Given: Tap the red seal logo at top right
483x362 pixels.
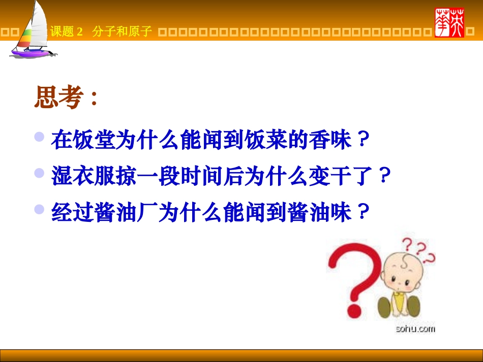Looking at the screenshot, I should [x=449, y=23].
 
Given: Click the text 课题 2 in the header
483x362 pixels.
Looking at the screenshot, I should [x=66, y=32].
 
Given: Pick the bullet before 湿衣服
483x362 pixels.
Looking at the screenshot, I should [x=39, y=173].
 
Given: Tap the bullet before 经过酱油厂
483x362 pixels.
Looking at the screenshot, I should [x=39, y=209].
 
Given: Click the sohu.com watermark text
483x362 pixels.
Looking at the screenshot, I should [x=415, y=329].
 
